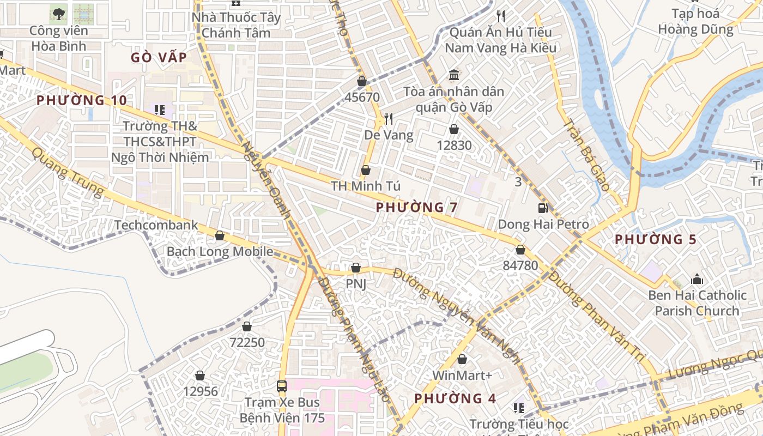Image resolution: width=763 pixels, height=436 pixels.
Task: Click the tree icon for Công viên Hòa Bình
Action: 58,14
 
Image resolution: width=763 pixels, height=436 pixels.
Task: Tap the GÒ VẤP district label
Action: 159,57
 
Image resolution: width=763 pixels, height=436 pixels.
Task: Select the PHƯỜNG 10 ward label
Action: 82,100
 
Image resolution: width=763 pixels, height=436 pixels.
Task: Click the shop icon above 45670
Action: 361,82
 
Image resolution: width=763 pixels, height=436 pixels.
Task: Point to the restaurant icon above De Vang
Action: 388,118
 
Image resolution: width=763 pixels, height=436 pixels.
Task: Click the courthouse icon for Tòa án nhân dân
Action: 453,75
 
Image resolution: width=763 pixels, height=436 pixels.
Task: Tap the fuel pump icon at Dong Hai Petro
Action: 543,208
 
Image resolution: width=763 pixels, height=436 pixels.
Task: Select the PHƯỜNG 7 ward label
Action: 416,207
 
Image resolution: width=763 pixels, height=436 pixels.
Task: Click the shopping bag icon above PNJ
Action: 356,268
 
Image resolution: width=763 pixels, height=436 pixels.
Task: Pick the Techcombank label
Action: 156,225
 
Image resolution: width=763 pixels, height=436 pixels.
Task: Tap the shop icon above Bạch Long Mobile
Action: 220,235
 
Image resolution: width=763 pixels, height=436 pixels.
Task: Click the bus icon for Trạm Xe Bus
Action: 282,386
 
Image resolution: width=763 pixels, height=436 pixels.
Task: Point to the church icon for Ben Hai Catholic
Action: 697,280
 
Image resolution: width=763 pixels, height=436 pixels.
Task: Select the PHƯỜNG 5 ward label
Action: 656,239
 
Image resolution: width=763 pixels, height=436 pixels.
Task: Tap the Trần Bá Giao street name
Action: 586,155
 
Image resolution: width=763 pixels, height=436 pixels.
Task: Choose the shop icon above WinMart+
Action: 462,360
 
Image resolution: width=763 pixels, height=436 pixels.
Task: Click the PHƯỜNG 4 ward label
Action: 455,398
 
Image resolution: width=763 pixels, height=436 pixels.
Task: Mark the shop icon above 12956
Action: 200,376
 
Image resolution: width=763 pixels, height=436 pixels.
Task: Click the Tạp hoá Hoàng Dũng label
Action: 695,21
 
